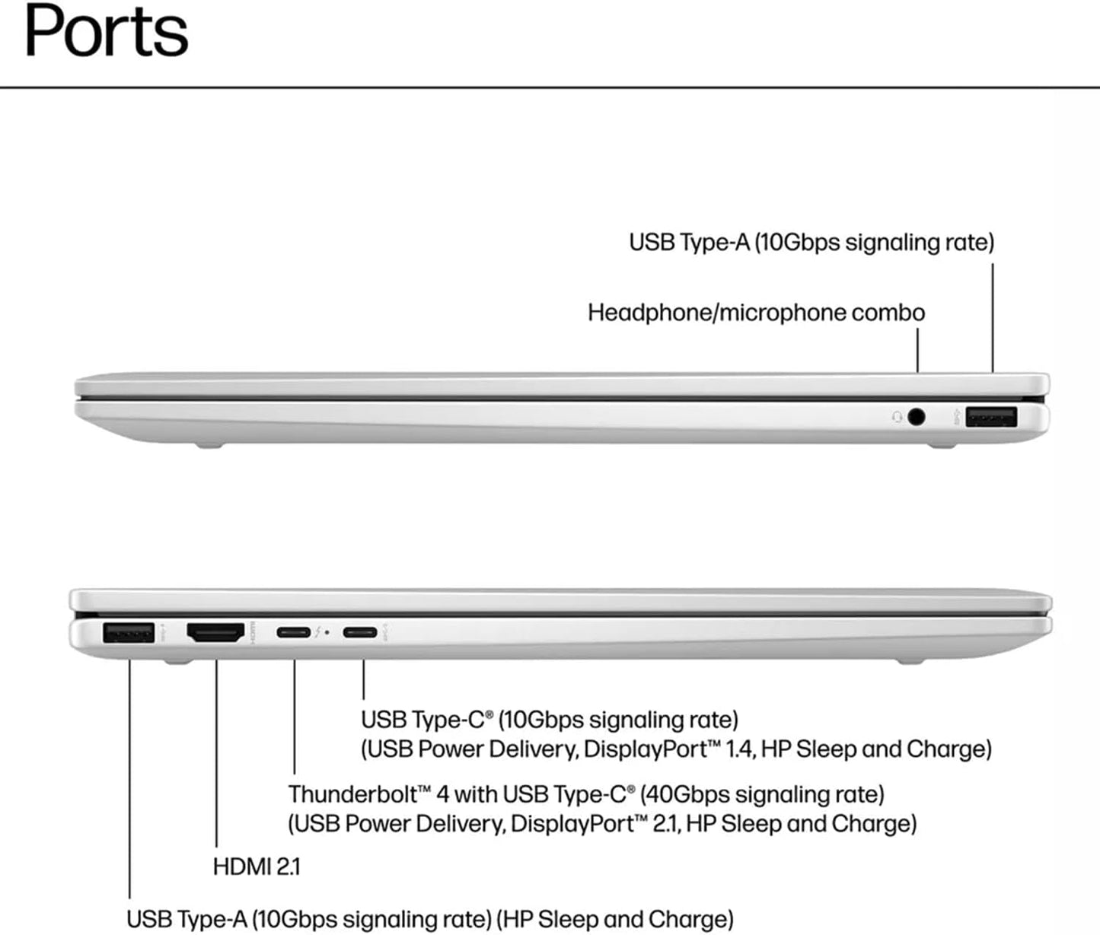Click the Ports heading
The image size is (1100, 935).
point(106,32)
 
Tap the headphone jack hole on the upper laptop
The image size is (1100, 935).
point(917,417)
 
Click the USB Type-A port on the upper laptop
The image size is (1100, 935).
point(990,417)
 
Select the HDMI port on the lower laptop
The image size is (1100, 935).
point(215,631)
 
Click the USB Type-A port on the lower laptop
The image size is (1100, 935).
point(129,632)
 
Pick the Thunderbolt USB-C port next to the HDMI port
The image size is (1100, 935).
point(293,632)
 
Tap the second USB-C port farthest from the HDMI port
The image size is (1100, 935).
point(360,632)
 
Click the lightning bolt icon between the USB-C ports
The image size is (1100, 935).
point(318,632)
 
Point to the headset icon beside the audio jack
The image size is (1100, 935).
point(898,417)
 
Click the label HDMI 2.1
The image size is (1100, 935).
point(257,867)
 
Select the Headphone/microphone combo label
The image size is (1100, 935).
point(756,313)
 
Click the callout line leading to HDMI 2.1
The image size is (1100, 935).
point(216,753)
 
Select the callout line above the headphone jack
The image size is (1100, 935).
point(918,350)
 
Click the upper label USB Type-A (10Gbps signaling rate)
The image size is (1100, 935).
point(811,243)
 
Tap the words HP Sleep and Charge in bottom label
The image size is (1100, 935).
point(615,920)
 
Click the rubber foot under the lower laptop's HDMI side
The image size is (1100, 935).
point(177,661)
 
